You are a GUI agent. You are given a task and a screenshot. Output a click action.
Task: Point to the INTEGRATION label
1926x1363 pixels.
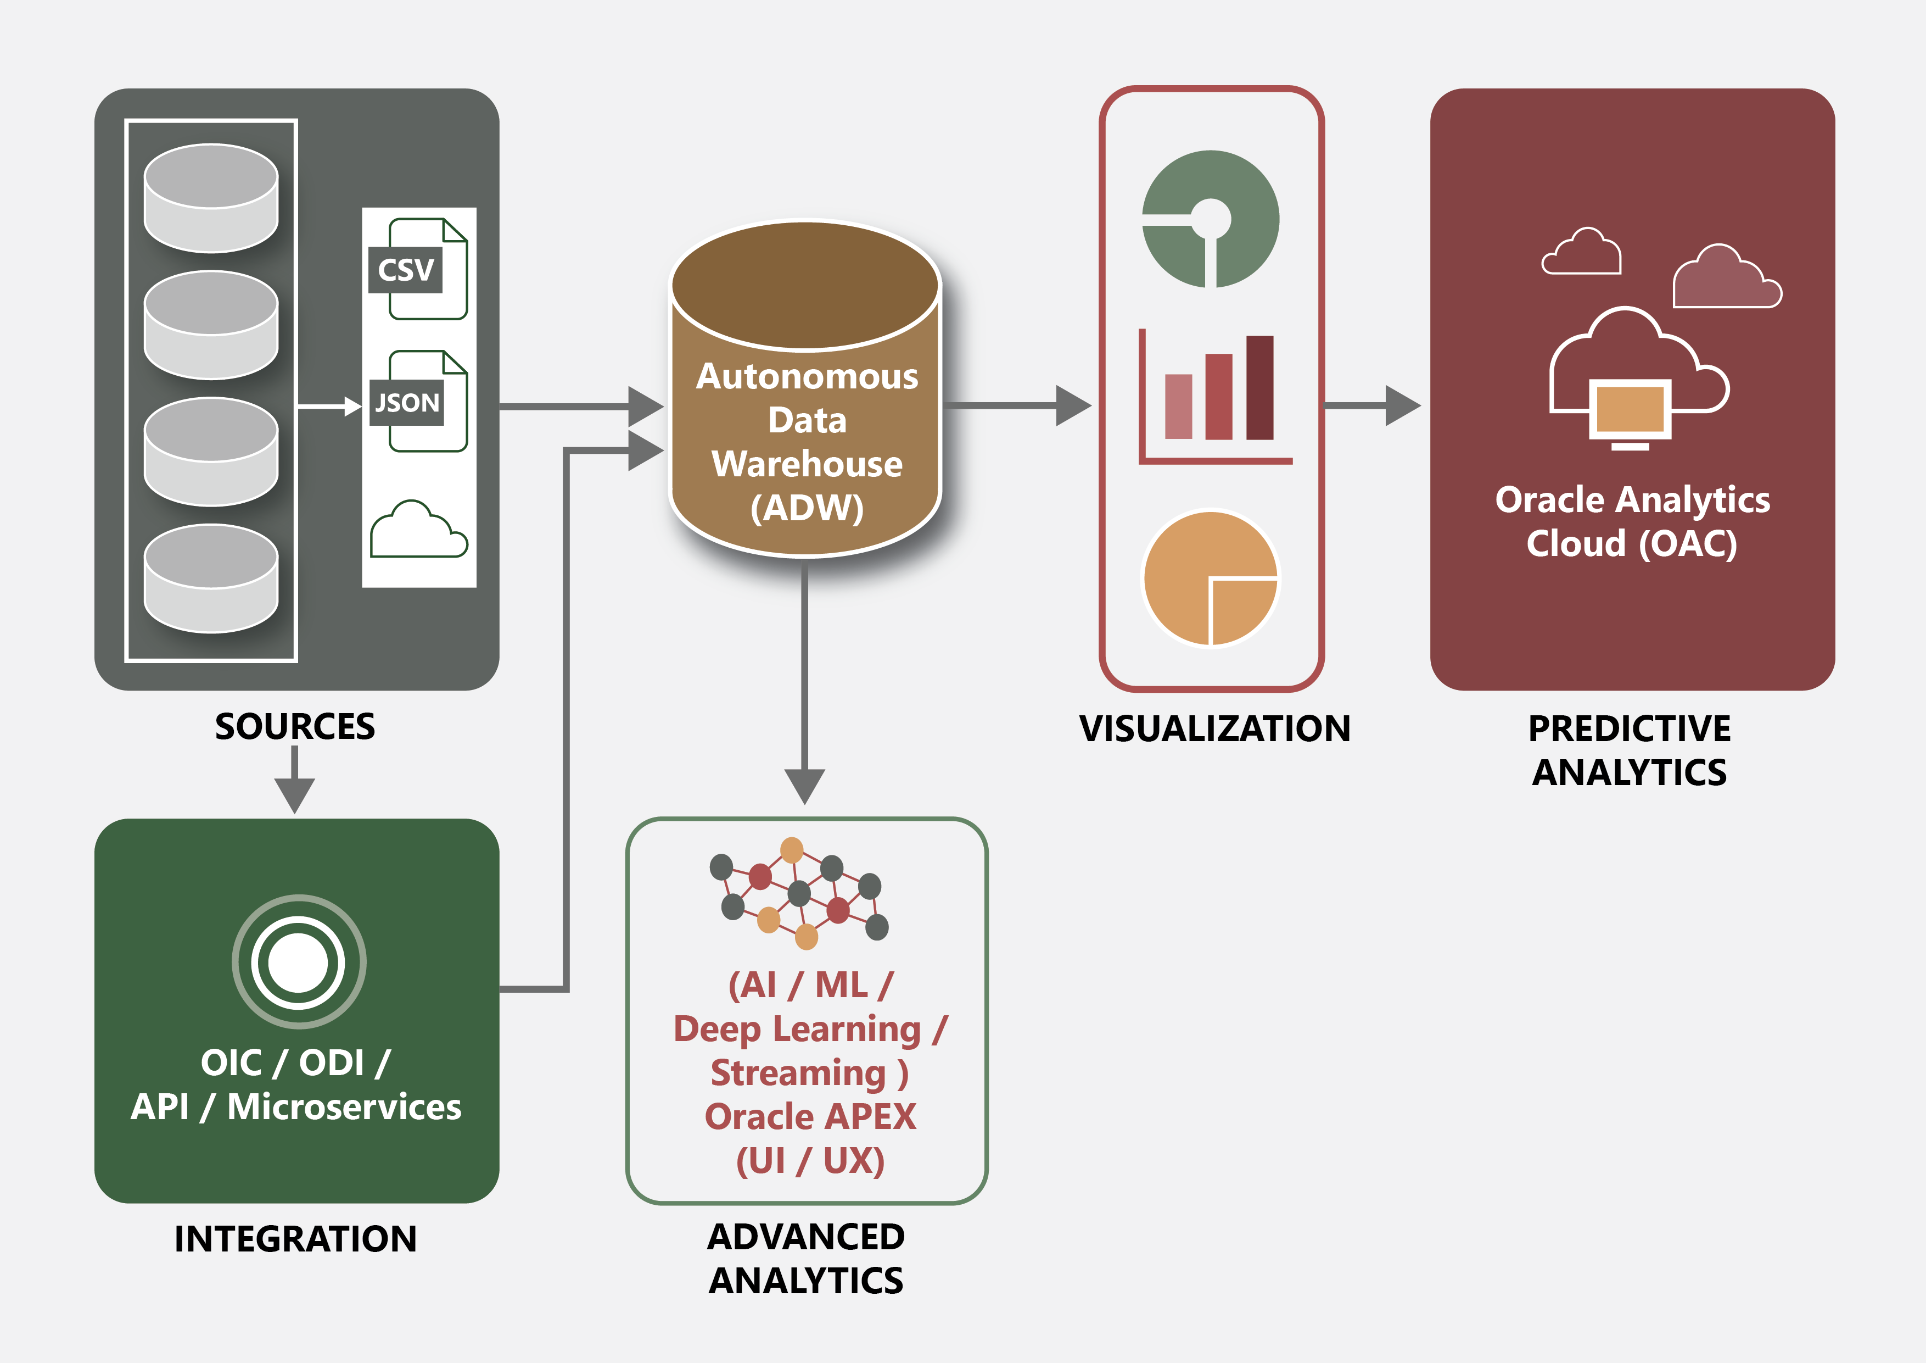tap(295, 1239)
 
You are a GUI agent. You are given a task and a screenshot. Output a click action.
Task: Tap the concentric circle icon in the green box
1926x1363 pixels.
tap(299, 962)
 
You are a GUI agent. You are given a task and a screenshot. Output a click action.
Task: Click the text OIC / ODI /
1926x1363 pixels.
tap(295, 1062)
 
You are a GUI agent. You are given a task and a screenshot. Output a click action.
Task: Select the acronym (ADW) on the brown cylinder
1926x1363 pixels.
tap(807, 508)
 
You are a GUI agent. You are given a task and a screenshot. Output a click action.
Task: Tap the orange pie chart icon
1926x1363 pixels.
tap(1211, 578)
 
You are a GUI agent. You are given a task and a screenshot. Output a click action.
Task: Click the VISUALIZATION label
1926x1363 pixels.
tap(1214, 728)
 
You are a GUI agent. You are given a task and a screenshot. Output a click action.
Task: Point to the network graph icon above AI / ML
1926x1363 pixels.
tap(799, 893)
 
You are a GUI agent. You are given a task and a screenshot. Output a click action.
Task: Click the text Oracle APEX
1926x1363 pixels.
tap(810, 1117)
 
